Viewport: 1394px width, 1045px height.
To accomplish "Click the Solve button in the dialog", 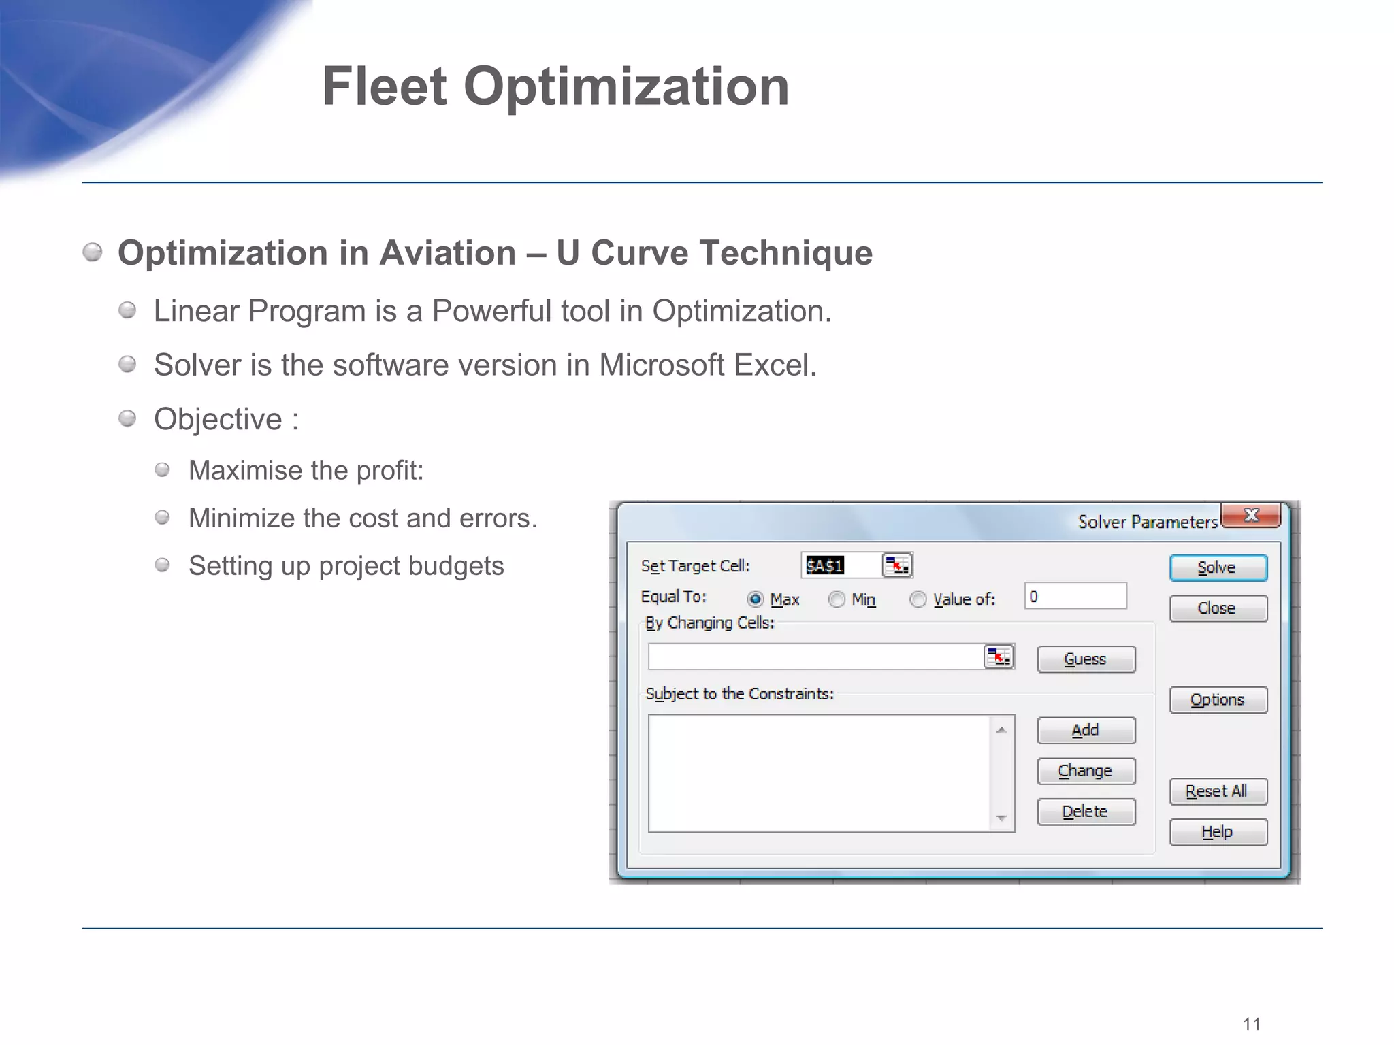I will pos(1218,568).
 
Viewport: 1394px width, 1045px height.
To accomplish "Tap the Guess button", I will pos(1086,659).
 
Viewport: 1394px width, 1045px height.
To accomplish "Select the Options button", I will pos(1218,700).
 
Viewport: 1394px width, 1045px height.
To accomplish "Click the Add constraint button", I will pos(1086,731).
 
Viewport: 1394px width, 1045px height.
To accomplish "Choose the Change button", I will pos(1086,772).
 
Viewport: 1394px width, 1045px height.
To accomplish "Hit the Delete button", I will pos(1086,812).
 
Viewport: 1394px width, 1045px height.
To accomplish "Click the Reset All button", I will pos(1218,792).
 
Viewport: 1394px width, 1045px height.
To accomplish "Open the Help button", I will pos(1218,832).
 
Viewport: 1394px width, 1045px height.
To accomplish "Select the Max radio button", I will pos(756,599).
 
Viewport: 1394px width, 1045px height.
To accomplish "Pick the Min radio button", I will pos(837,599).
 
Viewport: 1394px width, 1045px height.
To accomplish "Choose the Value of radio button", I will pos(918,599).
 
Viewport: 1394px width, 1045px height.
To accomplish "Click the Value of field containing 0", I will pos(1075,597).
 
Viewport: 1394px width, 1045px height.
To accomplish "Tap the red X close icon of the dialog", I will pos(1251,516).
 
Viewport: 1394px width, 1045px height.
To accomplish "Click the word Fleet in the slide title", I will pos(385,87).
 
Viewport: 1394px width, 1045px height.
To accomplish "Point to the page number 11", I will pos(1251,1025).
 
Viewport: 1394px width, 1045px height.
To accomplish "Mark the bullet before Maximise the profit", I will pos(162,470).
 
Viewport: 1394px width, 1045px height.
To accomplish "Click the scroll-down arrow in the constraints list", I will pos(1001,818).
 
